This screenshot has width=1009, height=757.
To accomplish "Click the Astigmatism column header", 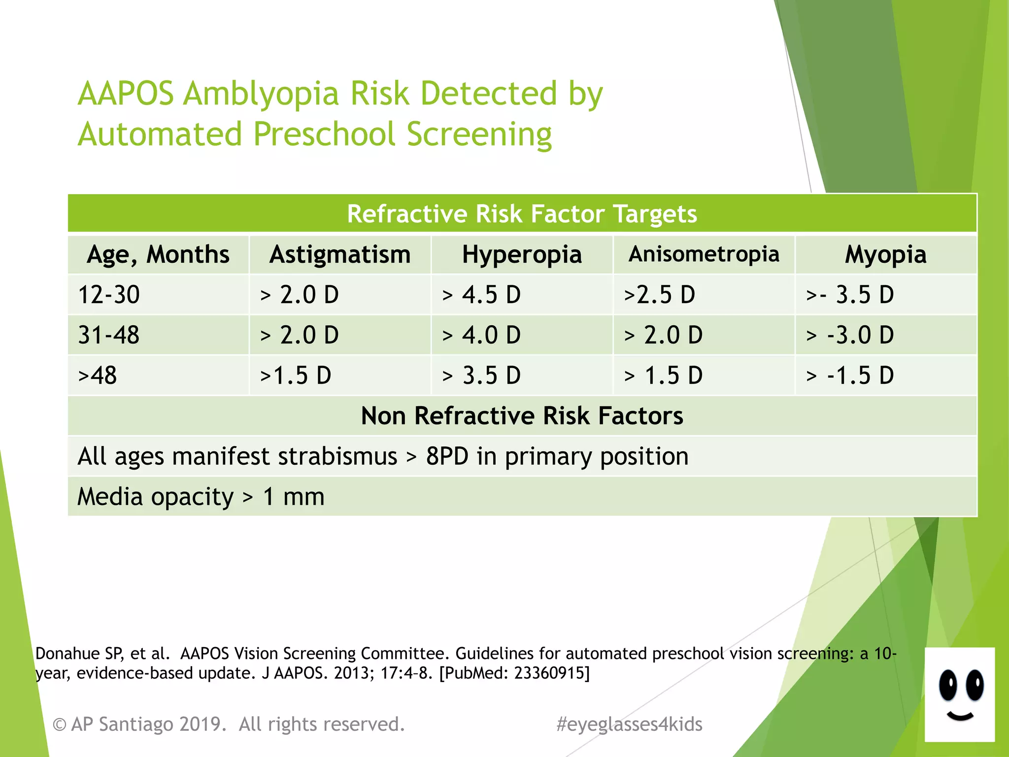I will (x=339, y=255).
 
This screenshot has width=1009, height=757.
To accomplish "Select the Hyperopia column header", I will (x=522, y=255).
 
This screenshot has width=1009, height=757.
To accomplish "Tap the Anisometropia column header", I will (x=704, y=254).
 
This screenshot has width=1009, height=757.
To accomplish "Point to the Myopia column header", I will (x=885, y=255).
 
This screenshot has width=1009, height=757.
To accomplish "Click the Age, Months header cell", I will (x=158, y=255).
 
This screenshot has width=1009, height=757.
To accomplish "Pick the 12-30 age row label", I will (x=109, y=295).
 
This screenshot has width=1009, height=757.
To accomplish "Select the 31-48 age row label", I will (x=109, y=335).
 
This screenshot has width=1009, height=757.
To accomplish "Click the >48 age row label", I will (x=98, y=376).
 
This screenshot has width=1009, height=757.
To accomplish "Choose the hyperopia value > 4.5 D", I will (x=481, y=295).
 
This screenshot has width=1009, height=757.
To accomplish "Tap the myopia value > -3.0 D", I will (x=850, y=335).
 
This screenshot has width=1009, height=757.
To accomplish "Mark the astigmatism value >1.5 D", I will (x=296, y=376).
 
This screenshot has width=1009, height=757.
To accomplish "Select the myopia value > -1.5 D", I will (x=850, y=376).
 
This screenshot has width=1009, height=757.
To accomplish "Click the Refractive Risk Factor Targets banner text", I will (x=522, y=214).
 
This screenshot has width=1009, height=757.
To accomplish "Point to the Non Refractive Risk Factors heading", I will (x=522, y=415).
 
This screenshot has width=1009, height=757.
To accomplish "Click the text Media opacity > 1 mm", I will (x=201, y=496).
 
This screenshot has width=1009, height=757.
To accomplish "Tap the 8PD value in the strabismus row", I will (x=447, y=456).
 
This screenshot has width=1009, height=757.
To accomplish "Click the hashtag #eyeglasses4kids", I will (x=629, y=724).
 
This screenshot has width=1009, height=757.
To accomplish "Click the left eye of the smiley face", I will (x=947, y=686).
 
